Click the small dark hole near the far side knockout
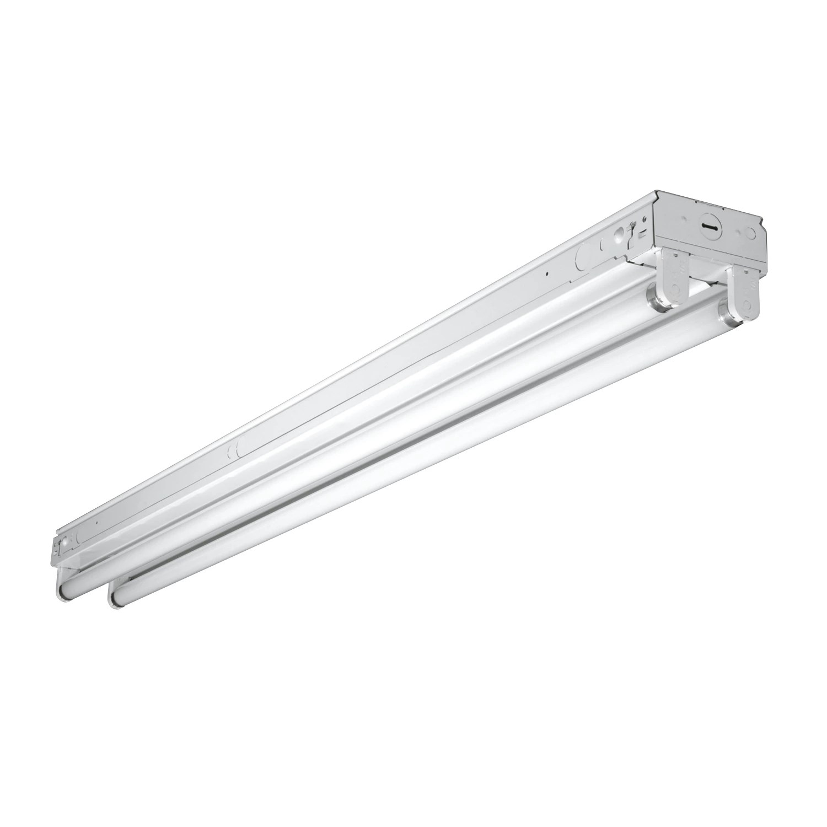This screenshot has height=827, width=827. coord(545,273)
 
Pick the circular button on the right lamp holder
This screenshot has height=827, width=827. coord(747,308)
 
